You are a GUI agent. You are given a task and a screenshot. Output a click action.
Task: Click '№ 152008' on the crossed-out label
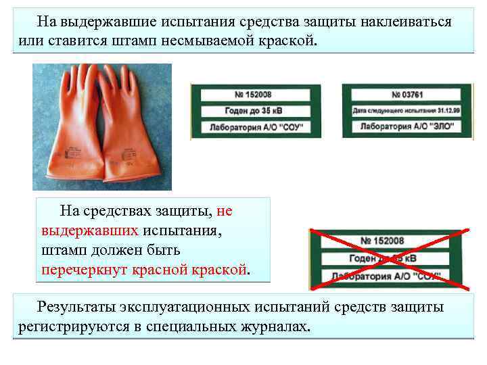click(x=382, y=241)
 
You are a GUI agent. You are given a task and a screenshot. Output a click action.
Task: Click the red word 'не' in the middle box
click(x=225, y=212)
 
